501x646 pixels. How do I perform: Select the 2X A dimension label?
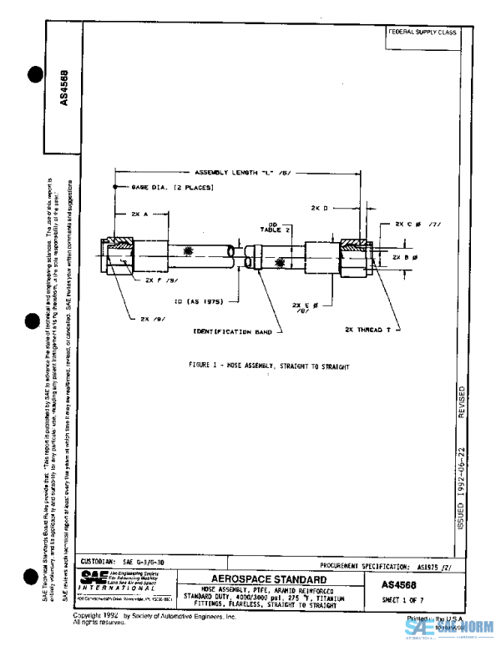pos(139,214)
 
